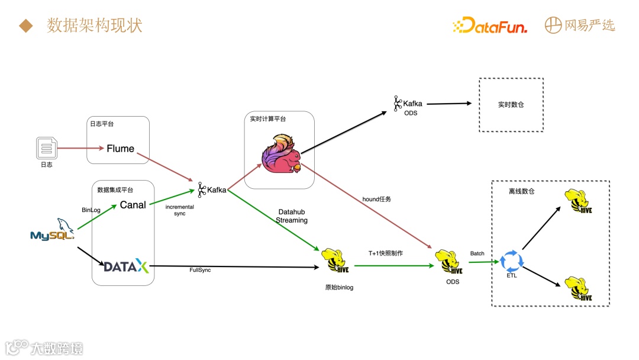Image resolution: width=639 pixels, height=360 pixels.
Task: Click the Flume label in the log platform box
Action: (120, 149)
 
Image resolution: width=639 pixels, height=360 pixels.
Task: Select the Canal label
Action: (133, 205)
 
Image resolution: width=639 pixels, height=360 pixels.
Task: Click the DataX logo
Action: (126, 266)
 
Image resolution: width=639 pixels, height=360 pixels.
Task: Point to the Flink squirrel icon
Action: (281, 155)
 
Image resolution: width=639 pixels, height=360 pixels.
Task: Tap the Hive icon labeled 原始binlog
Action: (334, 261)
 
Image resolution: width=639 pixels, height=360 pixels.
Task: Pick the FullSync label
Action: (199, 271)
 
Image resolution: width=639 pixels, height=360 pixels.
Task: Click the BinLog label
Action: (91, 210)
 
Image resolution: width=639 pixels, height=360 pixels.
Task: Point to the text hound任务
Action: (376, 200)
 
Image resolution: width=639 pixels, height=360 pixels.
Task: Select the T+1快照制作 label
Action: (385, 253)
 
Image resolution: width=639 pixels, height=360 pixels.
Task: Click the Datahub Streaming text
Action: (292, 216)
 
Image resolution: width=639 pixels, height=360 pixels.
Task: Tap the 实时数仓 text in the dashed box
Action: (511, 105)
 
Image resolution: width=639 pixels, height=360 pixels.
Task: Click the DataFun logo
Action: (490, 25)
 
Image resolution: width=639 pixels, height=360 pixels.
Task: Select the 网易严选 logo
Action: (580, 25)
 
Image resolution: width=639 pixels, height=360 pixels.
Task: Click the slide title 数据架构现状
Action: (95, 25)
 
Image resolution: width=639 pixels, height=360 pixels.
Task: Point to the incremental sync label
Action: (180, 210)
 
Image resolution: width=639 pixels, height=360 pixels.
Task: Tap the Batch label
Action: (477, 253)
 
